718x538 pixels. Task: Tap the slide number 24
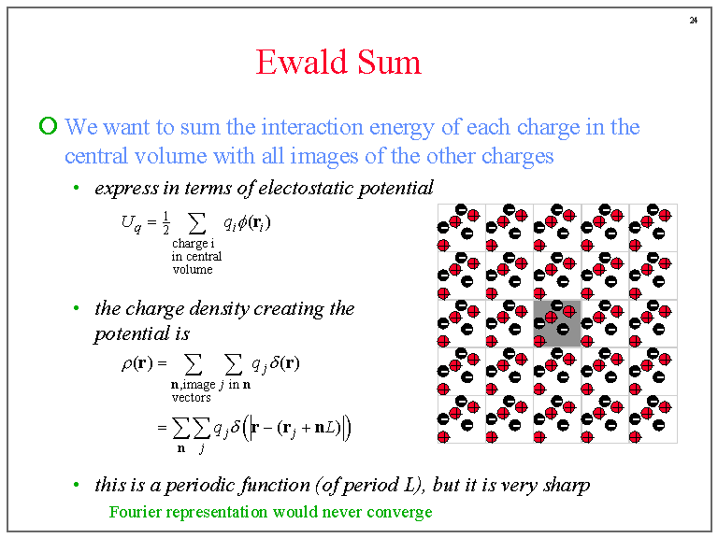coord(694,20)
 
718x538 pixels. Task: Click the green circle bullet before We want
coord(49,126)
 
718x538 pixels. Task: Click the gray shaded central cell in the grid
coord(557,322)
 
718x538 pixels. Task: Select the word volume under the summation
coord(193,270)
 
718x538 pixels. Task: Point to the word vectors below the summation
coord(191,397)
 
